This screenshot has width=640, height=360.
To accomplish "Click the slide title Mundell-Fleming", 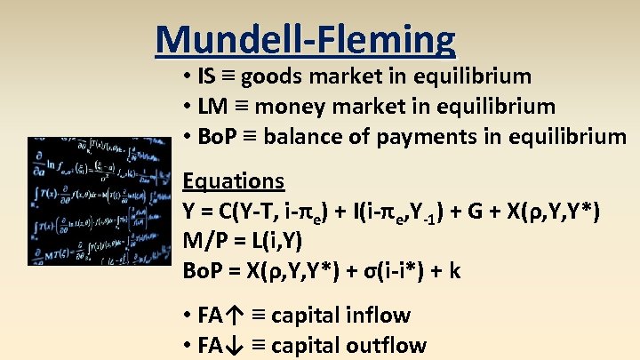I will coord(305,39).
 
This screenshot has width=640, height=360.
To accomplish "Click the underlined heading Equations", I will coord(233,181).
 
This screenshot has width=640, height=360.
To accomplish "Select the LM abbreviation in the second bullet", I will coord(212,107).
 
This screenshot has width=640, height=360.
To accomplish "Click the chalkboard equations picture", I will coord(101,200).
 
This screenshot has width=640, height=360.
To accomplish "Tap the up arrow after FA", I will coord(234,316).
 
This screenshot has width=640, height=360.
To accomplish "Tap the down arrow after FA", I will coord(234,346).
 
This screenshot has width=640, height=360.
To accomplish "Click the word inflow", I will coord(380,316).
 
